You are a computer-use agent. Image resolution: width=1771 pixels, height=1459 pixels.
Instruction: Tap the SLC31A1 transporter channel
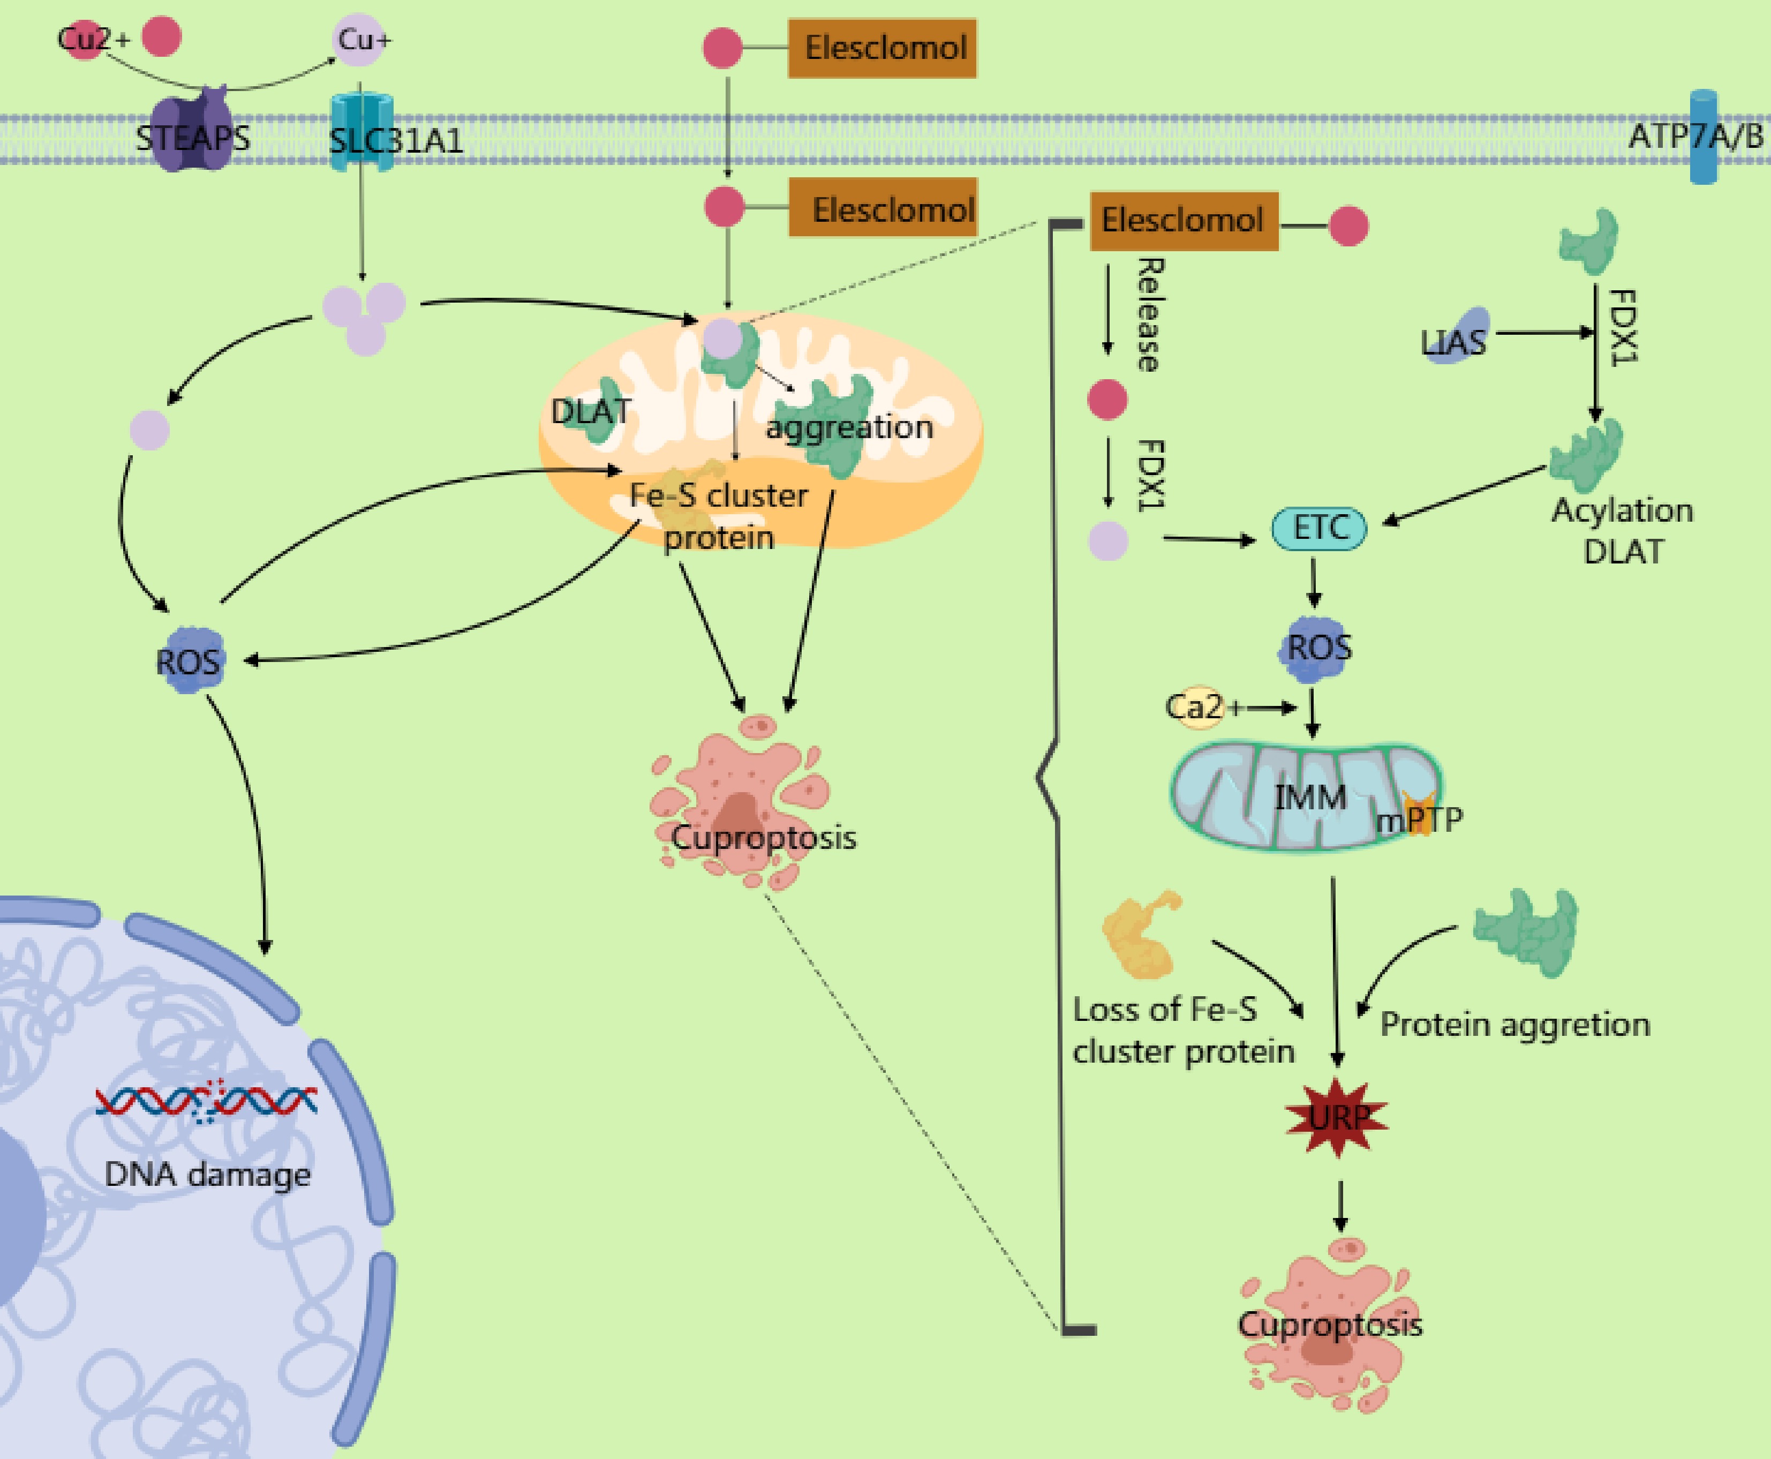(x=362, y=132)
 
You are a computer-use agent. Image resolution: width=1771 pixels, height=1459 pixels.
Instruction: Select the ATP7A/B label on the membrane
(x=1695, y=136)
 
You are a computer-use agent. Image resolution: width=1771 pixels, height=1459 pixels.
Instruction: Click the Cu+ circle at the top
(x=360, y=40)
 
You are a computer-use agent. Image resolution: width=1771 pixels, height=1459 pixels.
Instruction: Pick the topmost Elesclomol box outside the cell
(x=882, y=48)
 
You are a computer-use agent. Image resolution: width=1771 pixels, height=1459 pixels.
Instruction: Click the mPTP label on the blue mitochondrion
(x=1420, y=818)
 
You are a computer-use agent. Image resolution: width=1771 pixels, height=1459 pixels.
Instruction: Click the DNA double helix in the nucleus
(x=206, y=1100)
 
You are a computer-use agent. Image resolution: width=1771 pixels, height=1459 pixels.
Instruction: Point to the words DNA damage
(x=207, y=1174)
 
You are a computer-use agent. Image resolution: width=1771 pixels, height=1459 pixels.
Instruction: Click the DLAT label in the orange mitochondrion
(x=591, y=411)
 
